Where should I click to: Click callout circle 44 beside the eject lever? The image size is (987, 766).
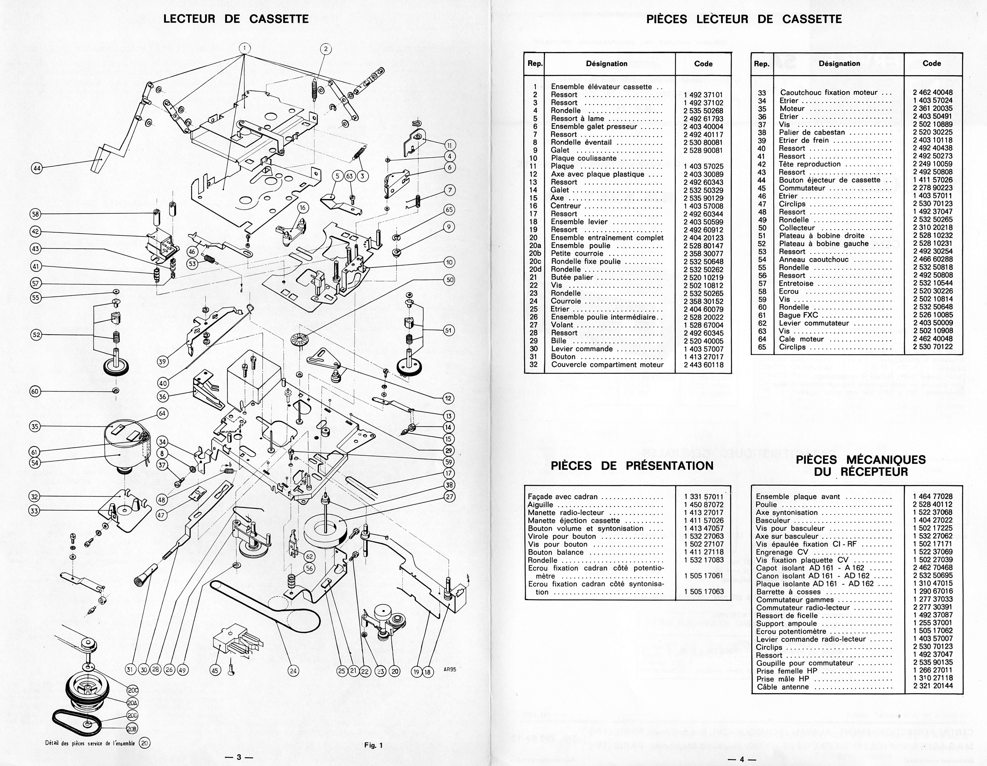pyautogui.click(x=36, y=169)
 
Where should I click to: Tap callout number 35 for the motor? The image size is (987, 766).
pyautogui.click(x=35, y=426)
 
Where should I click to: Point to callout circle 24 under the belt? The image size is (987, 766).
pyautogui.click(x=293, y=671)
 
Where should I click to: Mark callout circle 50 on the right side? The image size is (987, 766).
pyautogui.click(x=449, y=280)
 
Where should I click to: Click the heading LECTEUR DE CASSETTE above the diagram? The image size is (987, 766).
pyautogui.click(x=236, y=19)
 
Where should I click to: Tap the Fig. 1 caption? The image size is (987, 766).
pyautogui.click(x=373, y=746)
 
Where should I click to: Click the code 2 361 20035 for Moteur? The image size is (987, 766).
pyautogui.click(x=932, y=108)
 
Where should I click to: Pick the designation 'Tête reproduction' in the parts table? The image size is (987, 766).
pyautogui.click(x=809, y=164)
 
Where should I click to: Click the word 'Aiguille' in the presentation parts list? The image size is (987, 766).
pyautogui.click(x=541, y=504)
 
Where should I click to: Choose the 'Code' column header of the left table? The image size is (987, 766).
pyautogui.click(x=703, y=64)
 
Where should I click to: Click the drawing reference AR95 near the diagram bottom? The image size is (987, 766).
pyautogui.click(x=449, y=670)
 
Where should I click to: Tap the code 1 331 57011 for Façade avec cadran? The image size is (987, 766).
pyautogui.click(x=704, y=497)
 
